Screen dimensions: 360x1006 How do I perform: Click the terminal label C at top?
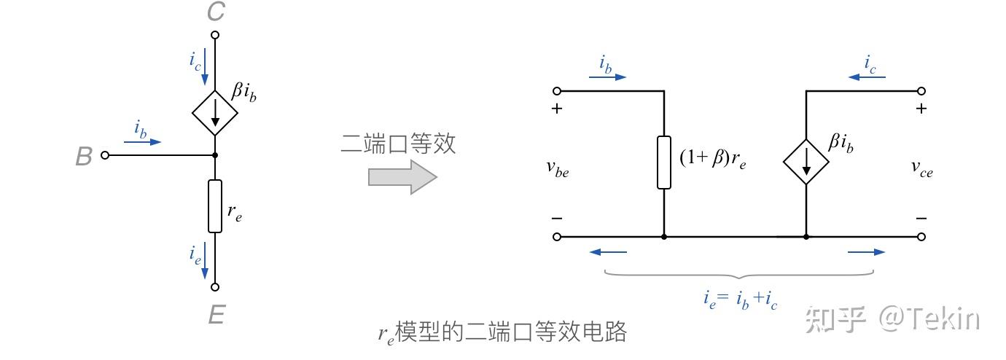tap(216, 12)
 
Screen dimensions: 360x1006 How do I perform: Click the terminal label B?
tap(84, 157)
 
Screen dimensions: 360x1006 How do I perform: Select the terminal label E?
tap(216, 315)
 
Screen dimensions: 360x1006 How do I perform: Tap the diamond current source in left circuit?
tap(215, 113)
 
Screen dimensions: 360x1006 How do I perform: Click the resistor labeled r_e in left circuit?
tap(215, 206)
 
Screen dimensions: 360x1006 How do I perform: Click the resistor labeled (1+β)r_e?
tap(663, 162)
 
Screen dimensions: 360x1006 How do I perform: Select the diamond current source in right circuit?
tap(806, 162)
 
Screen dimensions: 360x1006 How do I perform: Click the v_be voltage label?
tap(558, 168)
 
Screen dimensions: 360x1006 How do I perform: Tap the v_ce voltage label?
tap(921, 168)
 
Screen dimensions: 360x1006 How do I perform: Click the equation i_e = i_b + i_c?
tap(741, 299)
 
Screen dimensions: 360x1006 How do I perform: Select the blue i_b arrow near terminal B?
tap(142, 142)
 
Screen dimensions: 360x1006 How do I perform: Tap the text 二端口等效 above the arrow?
tap(398, 144)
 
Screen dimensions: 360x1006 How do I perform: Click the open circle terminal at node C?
tap(215, 34)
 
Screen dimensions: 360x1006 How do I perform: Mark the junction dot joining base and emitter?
tap(215, 155)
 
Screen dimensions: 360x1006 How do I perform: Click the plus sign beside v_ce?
tap(921, 109)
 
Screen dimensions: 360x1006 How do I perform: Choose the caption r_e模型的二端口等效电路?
tap(502, 332)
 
